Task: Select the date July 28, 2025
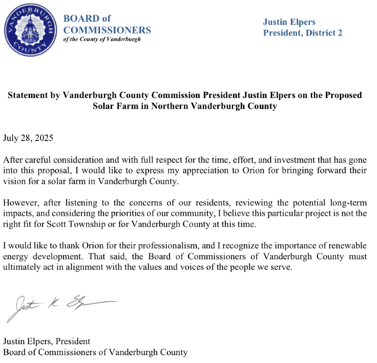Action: pyautogui.click(x=28, y=137)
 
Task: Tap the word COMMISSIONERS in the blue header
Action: pyautogui.click(x=108, y=30)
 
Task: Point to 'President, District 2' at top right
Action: pyautogui.click(x=301, y=33)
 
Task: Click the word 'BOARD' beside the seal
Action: pyautogui.click(x=83, y=18)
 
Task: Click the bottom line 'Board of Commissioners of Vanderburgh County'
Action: pyautogui.click(x=96, y=352)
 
